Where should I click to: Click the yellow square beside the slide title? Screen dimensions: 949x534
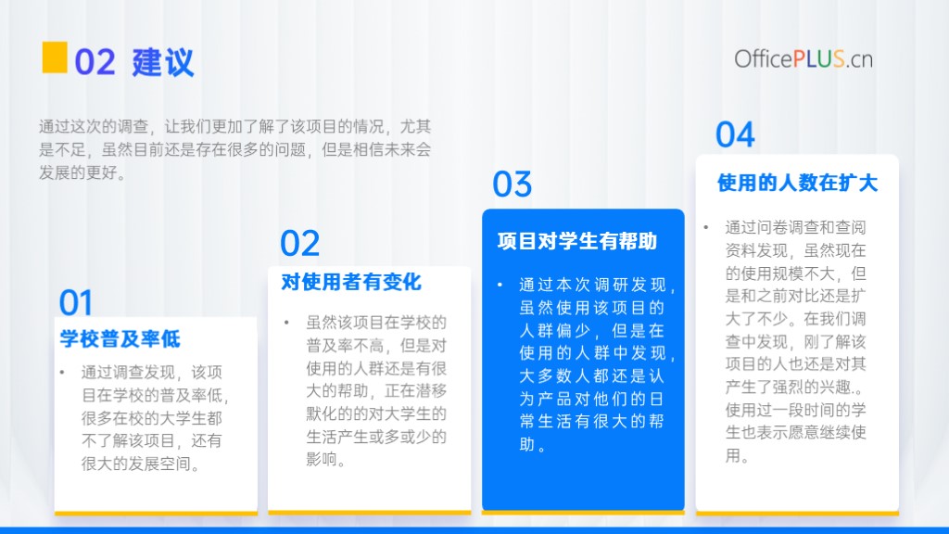click(x=55, y=57)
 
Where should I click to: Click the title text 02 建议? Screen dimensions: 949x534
click(x=134, y=62)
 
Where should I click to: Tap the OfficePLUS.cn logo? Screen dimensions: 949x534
click(x=803, y=58)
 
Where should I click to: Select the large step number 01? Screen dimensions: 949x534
click(x=76, y=302)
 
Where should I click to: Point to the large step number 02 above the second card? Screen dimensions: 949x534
click(x=299, y=244)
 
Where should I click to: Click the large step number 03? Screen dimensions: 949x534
click(x=512, y=184)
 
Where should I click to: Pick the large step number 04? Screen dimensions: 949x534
click(x=735, y=134)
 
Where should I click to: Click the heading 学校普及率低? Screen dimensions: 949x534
click(x=120, y=339)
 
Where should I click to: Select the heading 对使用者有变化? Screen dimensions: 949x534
click(x=351, y=282)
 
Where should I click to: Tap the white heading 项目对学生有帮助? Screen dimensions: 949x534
click(x=576, y=241)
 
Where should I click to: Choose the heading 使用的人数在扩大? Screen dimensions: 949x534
click(x=797, y=183)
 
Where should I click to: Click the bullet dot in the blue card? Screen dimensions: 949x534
click(x=500, y=285)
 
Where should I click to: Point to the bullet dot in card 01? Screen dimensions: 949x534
click(x=62, y=372)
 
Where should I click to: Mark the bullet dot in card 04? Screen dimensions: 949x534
click(x=705, y=227)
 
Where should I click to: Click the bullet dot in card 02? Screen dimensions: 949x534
click(x=286, y=322)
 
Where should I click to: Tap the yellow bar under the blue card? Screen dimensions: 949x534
click(x=583, y=513)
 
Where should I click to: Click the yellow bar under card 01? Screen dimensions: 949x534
click(x=156, y=514)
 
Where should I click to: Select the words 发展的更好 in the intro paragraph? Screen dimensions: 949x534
click(x=78, y=172)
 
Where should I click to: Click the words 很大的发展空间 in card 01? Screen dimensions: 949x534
click(x=136, y=464)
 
